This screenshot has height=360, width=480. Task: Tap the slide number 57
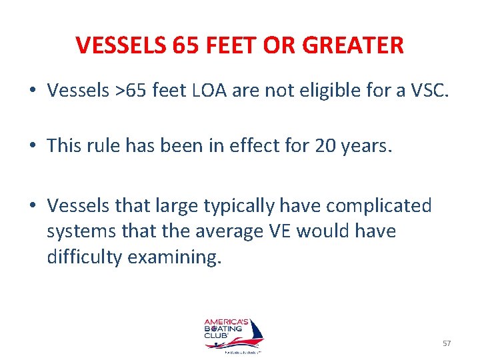(447, 343)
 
